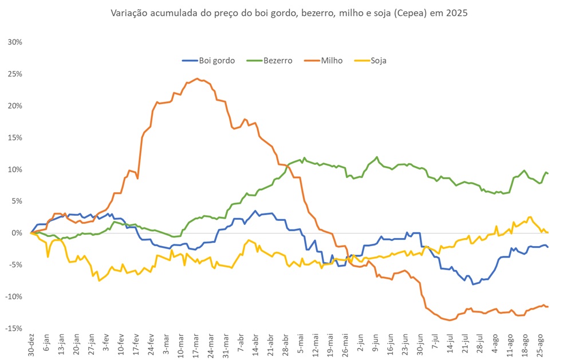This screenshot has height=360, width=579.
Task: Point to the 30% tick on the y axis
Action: pos(14,42)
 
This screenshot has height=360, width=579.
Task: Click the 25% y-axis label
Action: pos(14,74)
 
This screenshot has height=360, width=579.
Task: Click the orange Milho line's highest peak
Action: pos(197,78)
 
